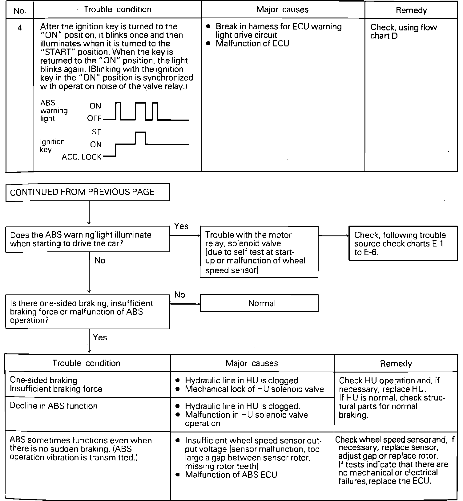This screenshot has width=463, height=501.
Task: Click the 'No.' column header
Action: (20, 11)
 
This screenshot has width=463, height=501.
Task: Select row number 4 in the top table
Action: (20, 28)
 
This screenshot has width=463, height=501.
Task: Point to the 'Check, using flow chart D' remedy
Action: (403, 31)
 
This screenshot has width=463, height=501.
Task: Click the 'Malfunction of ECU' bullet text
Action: (252, 43)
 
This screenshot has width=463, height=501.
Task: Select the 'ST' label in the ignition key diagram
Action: (96, 132)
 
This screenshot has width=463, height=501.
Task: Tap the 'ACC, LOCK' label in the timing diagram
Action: (82, 157)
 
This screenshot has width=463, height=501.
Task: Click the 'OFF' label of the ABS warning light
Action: (94, 119)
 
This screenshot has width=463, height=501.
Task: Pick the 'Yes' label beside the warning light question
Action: (181, 226)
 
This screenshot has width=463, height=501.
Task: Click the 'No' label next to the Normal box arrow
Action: (179, 295)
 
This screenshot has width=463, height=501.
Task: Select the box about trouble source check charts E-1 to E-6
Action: (403, 243)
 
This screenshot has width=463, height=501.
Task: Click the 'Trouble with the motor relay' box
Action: (259, 252)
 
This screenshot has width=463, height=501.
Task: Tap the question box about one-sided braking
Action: (87, 312)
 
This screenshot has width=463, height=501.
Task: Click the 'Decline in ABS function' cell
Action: (54, 406)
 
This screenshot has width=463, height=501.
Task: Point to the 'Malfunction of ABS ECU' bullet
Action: (231, 475)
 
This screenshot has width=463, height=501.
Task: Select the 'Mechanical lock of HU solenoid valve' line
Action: (254, 389)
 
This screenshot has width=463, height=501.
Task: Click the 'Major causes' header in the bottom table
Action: (252, 363)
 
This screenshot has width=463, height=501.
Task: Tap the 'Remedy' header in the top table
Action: (411, 10)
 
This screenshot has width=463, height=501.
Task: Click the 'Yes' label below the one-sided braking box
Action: (100, 337)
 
